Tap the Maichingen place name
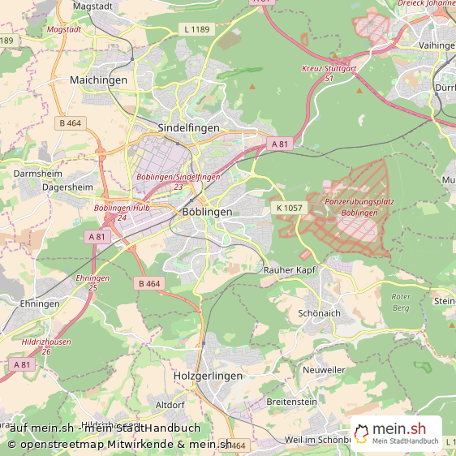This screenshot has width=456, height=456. pos(98,80)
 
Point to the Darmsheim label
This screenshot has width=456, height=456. pos(38,173)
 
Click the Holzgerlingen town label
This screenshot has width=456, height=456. pos(208,376)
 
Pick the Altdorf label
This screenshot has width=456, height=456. pos(170,404)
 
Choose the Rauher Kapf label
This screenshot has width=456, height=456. pos(289,269)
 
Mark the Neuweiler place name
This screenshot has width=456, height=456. pos(324,369)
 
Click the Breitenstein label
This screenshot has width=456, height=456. pos(291,402)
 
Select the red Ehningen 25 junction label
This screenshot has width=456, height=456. pos(92,282)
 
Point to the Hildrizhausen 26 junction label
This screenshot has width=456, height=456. pos(45,346)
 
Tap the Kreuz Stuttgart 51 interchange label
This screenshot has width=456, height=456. pos(329,73)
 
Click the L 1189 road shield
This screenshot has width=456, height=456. pos(196,30)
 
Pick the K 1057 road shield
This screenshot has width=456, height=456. pos(290,208)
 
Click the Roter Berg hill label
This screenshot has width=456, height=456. pos(401,302)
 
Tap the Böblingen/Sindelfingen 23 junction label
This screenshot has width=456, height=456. pos(178,181)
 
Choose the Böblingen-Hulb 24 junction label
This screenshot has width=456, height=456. pos(122,212)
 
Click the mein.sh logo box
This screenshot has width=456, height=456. pos(396,433)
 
